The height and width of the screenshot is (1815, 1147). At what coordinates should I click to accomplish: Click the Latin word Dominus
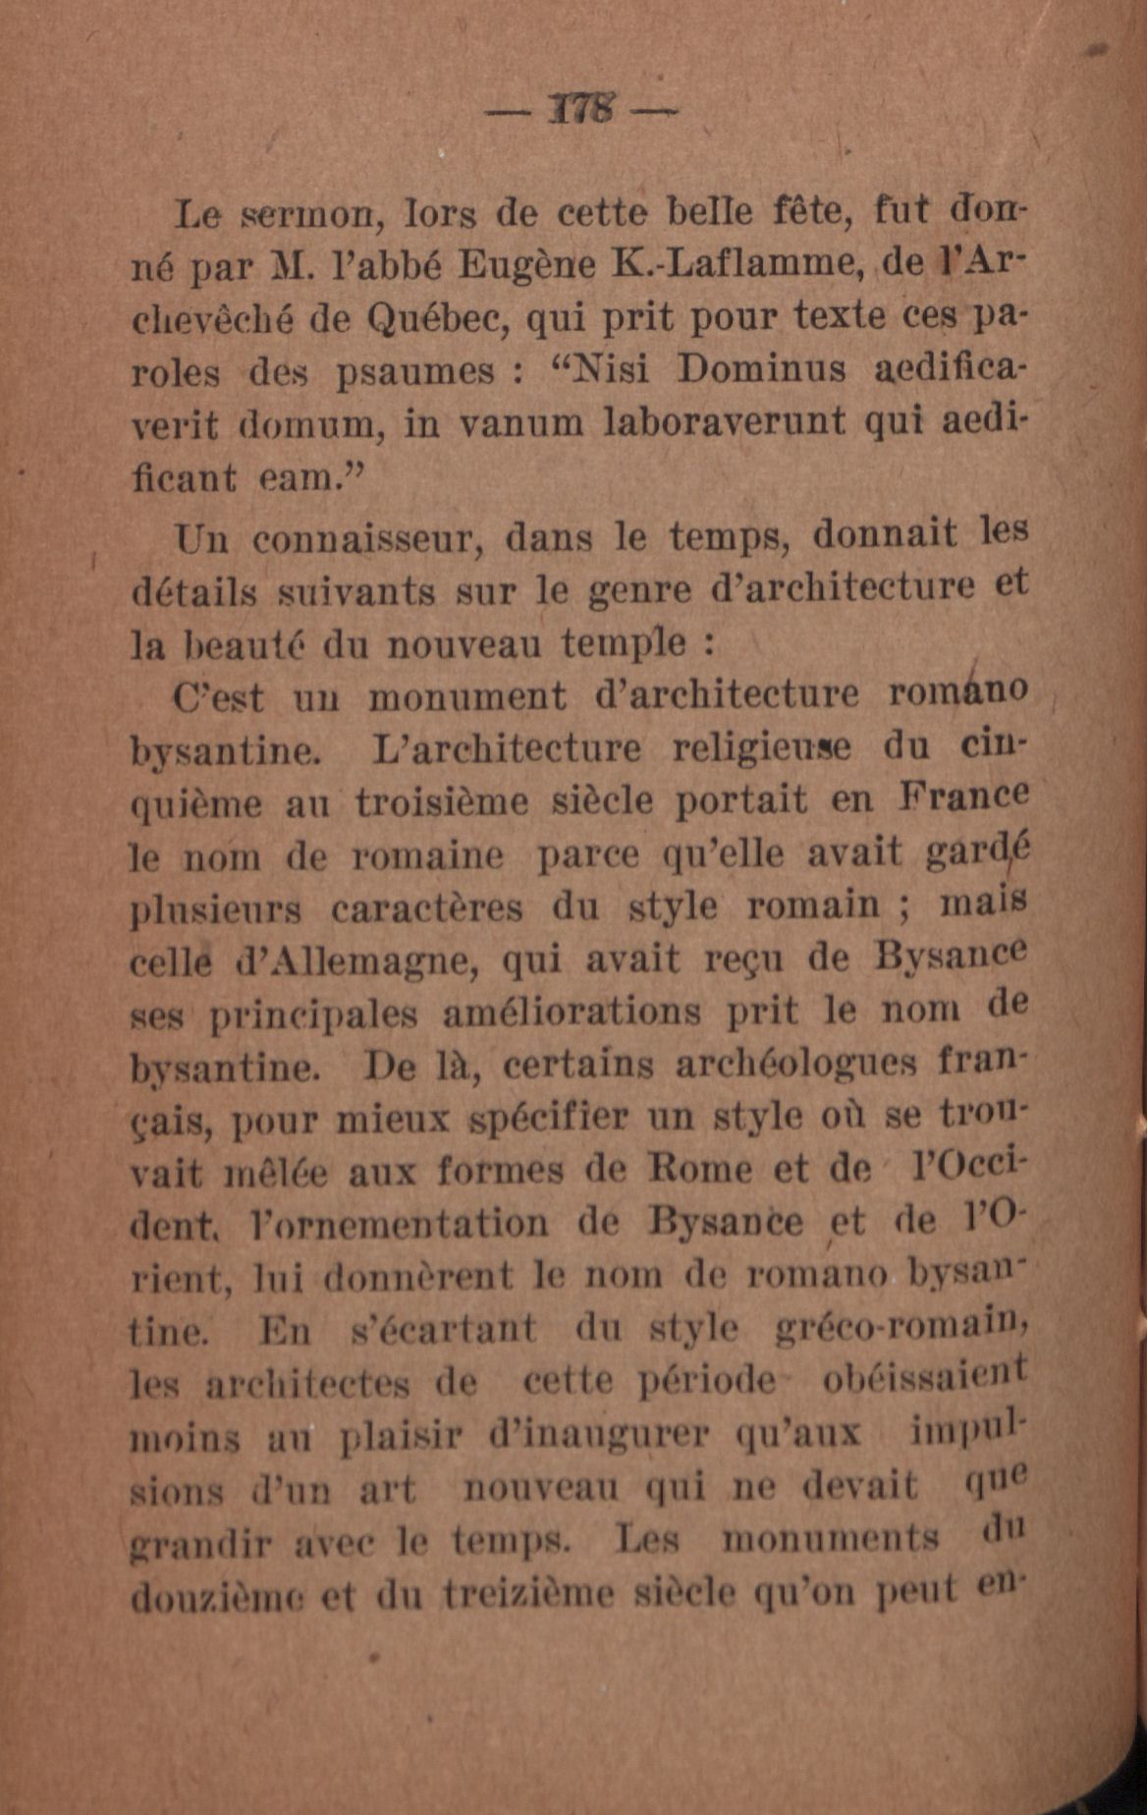[762, 370]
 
